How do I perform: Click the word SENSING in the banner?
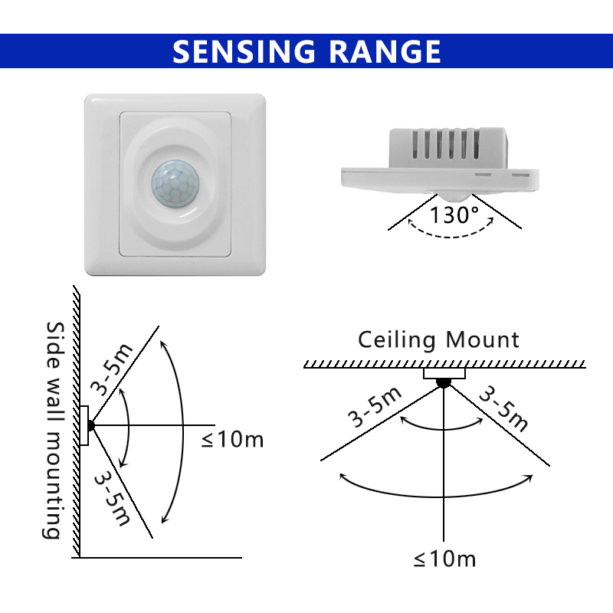point(244,51)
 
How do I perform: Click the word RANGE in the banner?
point(386,51)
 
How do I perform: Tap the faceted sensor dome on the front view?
point(175,183)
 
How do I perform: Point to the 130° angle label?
point(454,215)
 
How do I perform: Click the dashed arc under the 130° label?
point(451,236)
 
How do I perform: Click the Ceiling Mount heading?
point(438,339)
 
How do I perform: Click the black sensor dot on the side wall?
point(90,425)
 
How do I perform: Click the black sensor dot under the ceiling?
point(444,382)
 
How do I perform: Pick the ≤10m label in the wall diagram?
point(233,439)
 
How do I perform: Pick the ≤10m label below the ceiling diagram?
point(445,559)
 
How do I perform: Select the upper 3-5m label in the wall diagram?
point(112,369)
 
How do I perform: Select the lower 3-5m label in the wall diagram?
point(113,498)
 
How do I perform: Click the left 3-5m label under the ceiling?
point(375,407)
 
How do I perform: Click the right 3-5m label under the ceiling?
point(503,408)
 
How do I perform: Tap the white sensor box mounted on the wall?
point(84,425)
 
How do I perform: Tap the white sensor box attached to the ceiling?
point(444,373)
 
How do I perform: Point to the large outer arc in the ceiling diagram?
point(436,497)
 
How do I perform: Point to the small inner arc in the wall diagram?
point(129,428)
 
